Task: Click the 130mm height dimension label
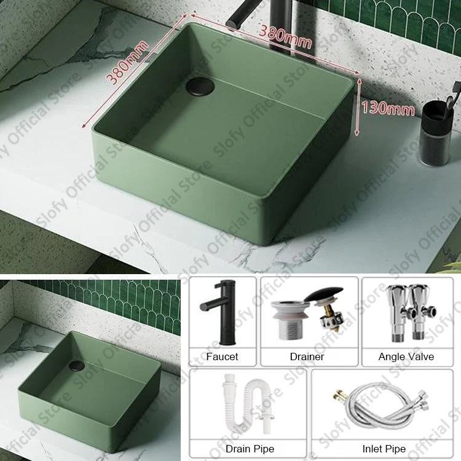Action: pos(387,108)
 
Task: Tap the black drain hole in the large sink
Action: pos(200,86)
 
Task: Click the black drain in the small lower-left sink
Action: pos(77,366)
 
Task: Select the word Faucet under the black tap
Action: pos(222,357)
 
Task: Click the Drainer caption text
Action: pos(307,357)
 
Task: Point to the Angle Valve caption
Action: pos(406,357)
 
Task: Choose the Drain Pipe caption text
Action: pos(250,449)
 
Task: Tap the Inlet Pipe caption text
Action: pos(384,449)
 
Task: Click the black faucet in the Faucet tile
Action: pos(221,312)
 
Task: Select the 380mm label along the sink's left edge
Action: pos(127,61)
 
